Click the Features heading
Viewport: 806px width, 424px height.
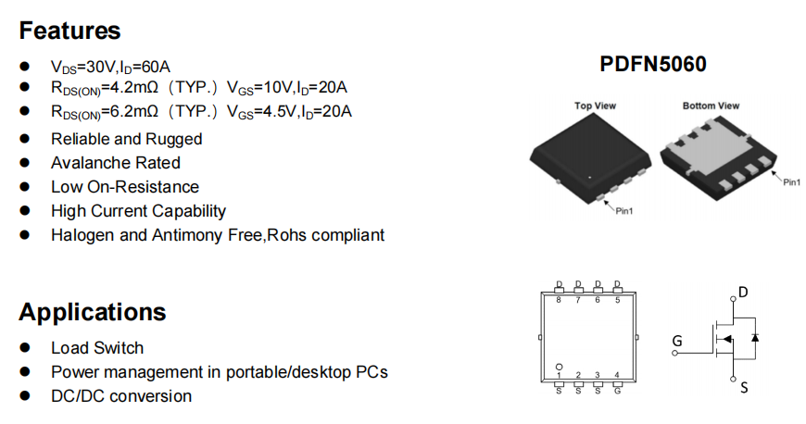(69, 31)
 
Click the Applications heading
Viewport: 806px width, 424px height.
(93, 312)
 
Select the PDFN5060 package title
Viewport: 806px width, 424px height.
(653, 64)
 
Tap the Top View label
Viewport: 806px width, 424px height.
(596, 106)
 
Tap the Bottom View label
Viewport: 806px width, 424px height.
(711, 106)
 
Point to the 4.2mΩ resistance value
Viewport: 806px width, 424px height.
(130, 87)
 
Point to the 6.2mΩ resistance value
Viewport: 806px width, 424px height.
(130, 111)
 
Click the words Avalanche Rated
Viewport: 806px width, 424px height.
(116, 162)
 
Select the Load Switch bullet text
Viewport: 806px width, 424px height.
(97, 347)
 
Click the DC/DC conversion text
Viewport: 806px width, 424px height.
(121, 395)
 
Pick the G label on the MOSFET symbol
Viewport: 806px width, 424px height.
(677, 341)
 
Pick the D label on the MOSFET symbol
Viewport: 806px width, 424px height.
(743, 292)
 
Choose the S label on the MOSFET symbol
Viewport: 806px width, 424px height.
(744, 388)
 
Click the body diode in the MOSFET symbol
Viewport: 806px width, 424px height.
(755, 338)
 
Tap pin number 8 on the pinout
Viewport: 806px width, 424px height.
(559, 300)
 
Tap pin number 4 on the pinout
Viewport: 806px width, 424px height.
(617, 375)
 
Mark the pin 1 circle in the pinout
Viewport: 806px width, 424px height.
(559, 367)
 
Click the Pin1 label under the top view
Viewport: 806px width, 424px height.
(624, 211)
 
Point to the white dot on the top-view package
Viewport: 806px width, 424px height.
(589, 178)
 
